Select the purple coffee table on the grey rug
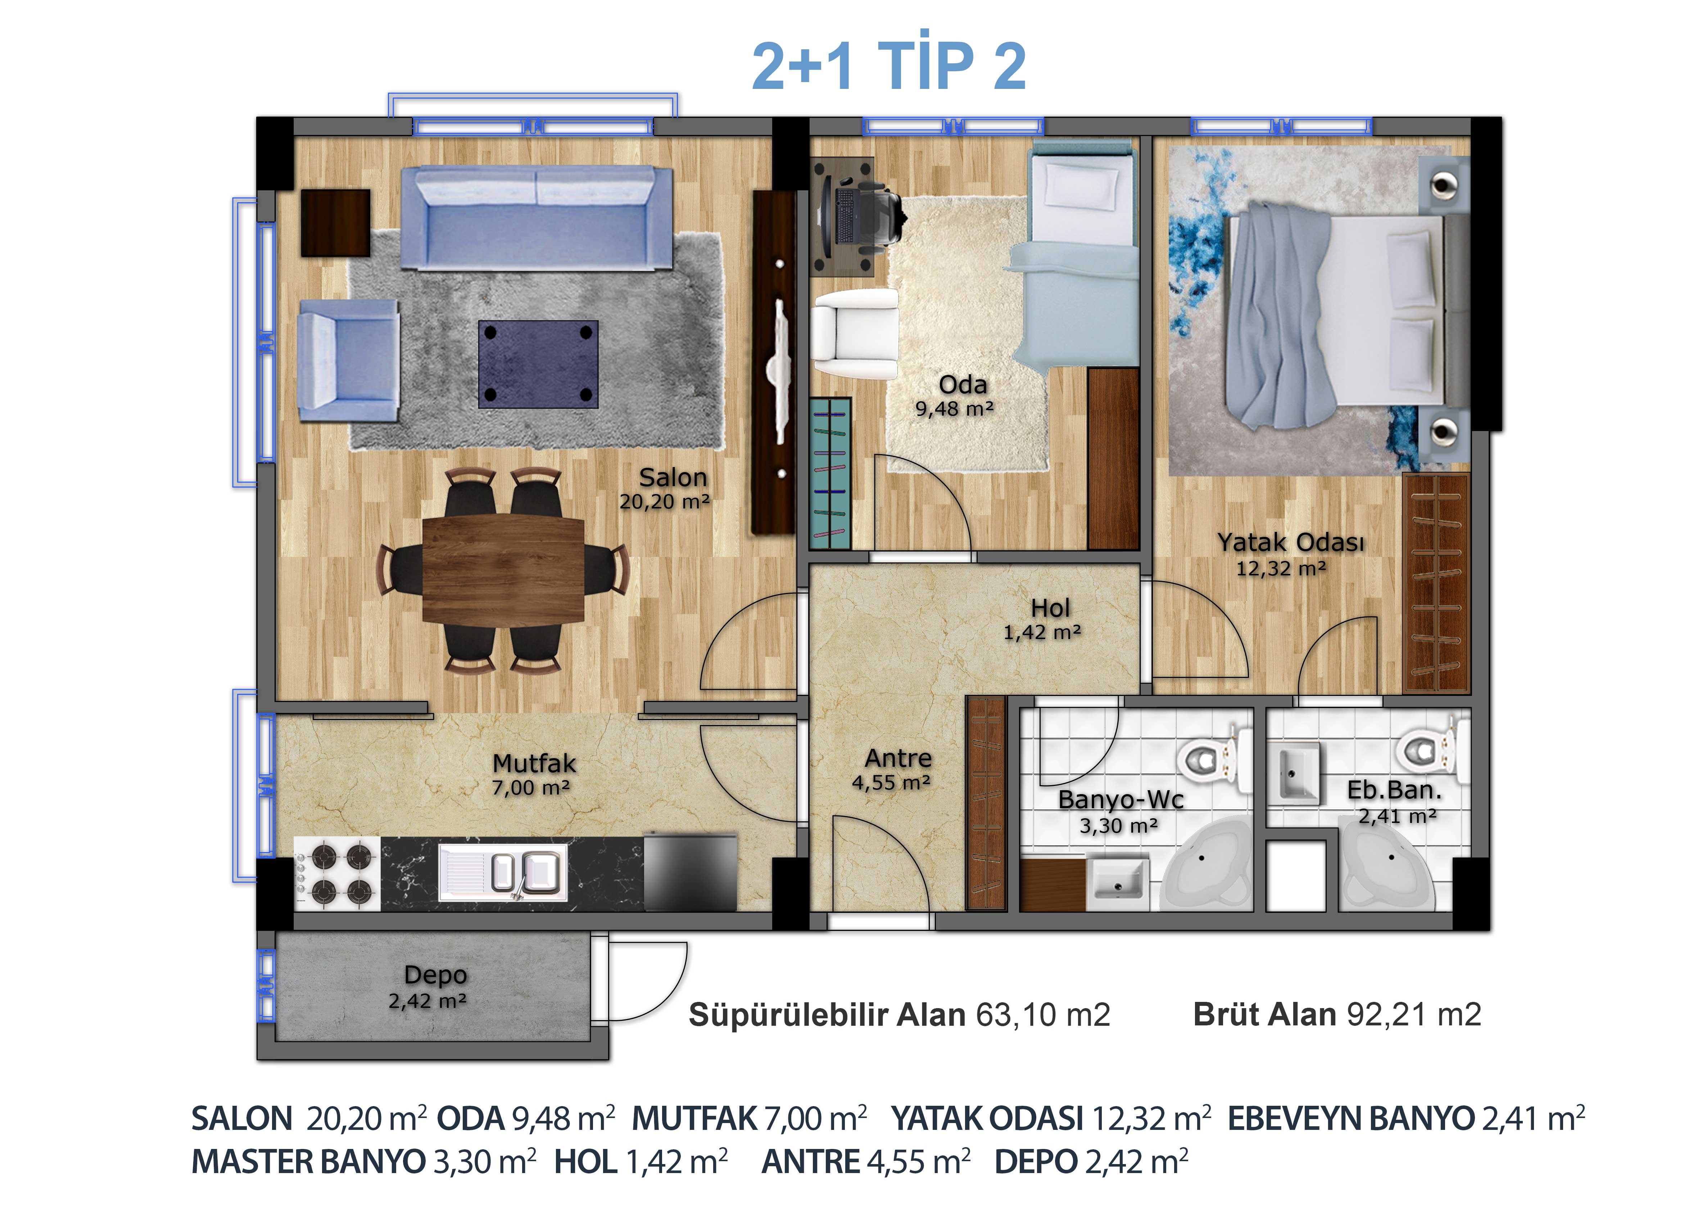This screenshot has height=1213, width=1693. (x=538, y=364)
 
